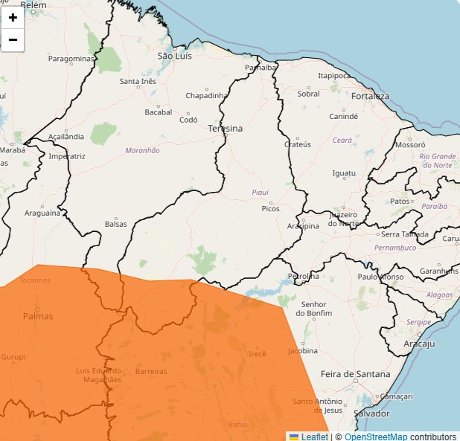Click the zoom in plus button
pos(13,17)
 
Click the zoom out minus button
pos(13,39)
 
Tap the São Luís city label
pos(175,56)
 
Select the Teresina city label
pos(225,129)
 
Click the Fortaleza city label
pos(370,97)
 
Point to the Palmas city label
pos(38,316)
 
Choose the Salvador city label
pos(372,413)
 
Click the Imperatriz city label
pos(67,157)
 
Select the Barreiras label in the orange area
pos(151,371)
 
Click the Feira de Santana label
pos(355,373)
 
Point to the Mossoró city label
pos(409,145)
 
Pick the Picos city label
pos(270,209)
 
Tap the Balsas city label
pos(115,224)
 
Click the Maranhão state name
pos(142,150)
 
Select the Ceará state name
pos(342,140)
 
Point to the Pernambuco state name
pos(395,248)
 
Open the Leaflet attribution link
pos(314,437)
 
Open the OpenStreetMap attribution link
pos(376,437)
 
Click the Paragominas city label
pos(71,58)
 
